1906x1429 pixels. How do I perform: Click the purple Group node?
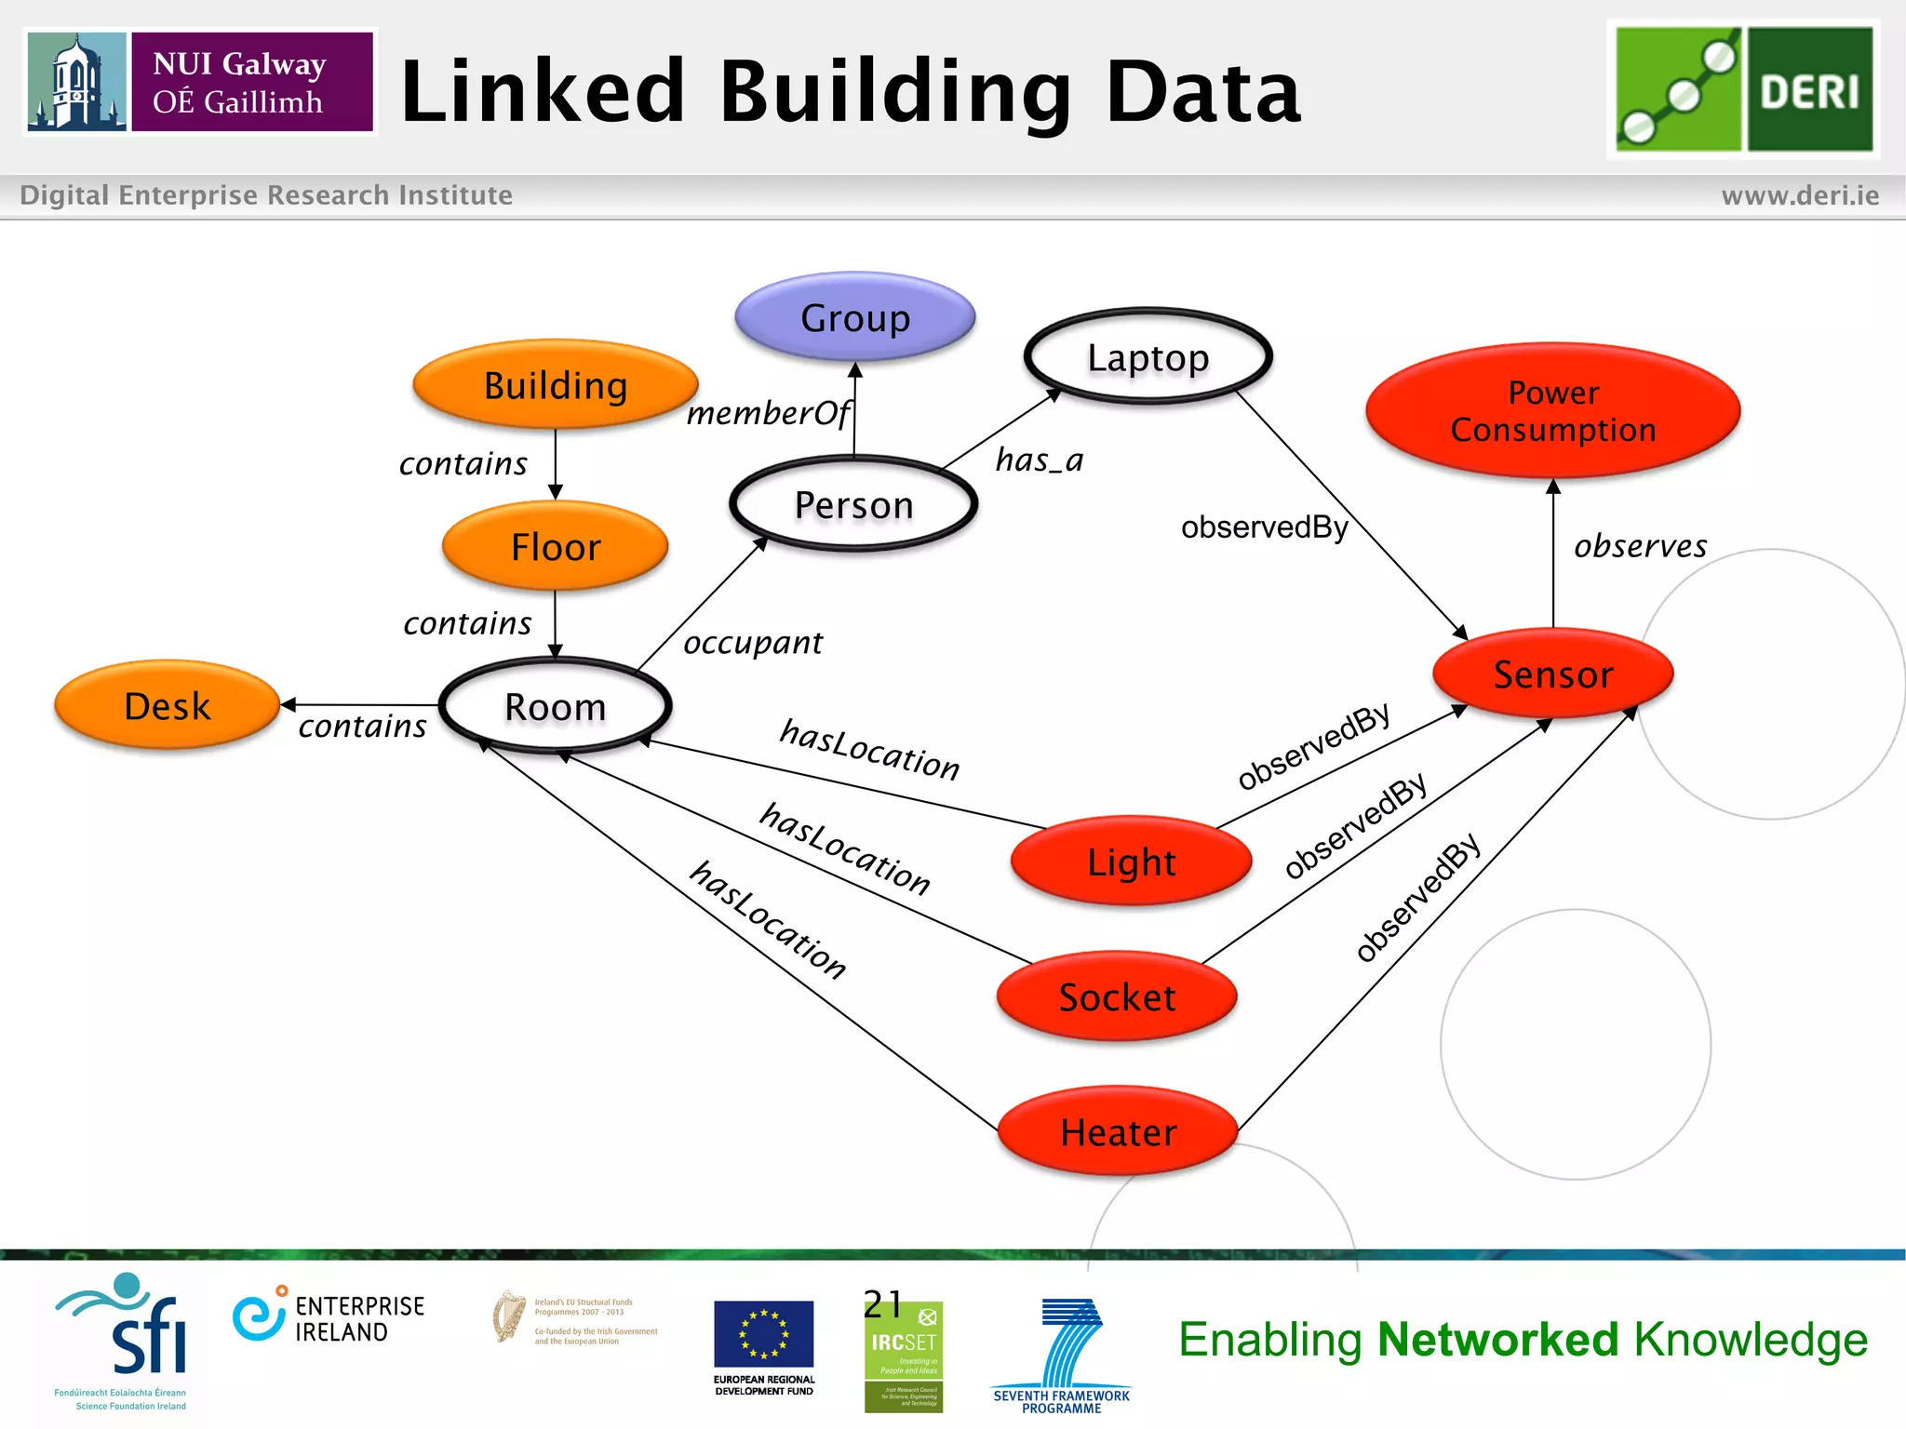click(854, 317)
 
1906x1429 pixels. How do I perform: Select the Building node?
click(556, 385)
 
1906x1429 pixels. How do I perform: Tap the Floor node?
click(556, 547)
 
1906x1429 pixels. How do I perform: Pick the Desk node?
click(168, 706)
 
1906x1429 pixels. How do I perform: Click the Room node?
click(556, 706)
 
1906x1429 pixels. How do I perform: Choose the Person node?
click(853, 505)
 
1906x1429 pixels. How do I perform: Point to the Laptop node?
click(1148, 357)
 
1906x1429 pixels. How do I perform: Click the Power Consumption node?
click(1552, 411)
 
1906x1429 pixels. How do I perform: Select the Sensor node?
click(1552, 674)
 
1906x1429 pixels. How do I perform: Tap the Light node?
click(1131, 861)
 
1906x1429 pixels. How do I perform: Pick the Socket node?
click(1117, 996)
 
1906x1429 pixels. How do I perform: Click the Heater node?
click(1118, 1132)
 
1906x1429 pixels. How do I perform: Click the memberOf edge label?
click(768, 413)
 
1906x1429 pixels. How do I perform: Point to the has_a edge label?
click(1039, 460)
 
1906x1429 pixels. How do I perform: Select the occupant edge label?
click(753, 643)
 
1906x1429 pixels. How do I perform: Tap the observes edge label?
click(1640, 546)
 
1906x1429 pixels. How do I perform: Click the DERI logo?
click(1743, 89)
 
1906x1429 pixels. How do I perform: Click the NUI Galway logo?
click(200, 82)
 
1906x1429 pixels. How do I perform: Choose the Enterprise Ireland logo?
click(329, 1317)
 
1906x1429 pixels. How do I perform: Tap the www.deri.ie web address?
click(1800, 195)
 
